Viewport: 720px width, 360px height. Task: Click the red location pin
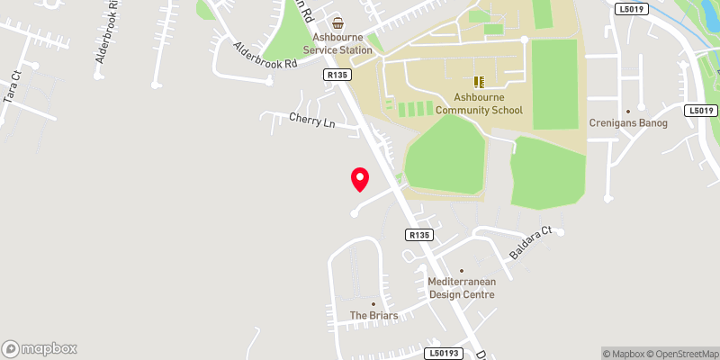tap(360, 179)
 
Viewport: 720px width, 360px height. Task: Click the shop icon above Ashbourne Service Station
tap(337, 22)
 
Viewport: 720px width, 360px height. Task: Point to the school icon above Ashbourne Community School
tap(479, 81)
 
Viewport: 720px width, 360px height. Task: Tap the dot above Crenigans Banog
tap(628, 110)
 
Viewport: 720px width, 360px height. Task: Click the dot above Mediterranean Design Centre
tap(462, 270)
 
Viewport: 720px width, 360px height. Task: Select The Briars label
tap(373, 316)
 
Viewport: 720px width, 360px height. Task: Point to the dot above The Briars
tap(373, 303)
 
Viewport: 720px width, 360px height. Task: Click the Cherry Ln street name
tap(311, 120)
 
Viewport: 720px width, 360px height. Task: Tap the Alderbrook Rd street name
tap(265, 56)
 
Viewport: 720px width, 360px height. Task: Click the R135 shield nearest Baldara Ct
tap(419, 235)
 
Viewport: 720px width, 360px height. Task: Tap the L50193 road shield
tap(445, 354)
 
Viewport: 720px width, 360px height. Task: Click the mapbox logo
tap(40, 349)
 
